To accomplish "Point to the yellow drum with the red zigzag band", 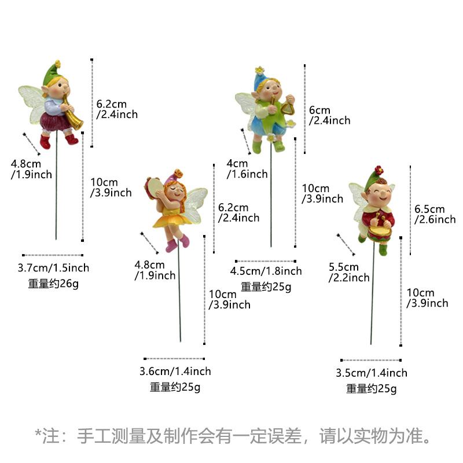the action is pyautogui.click(x=380, y=233).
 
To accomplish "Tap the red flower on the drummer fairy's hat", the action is pyautogui.click(x=379, y=170).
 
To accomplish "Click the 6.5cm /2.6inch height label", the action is pyautogui.click(x=435, y=214).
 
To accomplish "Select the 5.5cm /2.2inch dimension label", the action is pyautogui.click(x=349, y=272).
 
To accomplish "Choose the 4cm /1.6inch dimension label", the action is pyautogui.click(x=247, y=168).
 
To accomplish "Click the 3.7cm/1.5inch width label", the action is pyautogui.click(x=53, y=268).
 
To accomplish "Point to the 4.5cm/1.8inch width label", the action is pyautogui.click(x=266, y=271).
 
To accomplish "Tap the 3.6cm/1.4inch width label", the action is pyautogui.click(x=175, y=371).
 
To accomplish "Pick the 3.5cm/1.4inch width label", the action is pyautogui.click(x=372, y=373).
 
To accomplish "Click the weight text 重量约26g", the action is pyautogui.click(x=53, y=284).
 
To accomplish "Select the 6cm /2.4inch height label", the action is pyautogui.click(x=329, y=115).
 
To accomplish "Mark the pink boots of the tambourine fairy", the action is pyautogui.click(x=178, y=243).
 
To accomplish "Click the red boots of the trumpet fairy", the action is pyautogui.click(x=58, y=141).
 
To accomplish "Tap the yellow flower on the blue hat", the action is pyautogui.click(x=259, y=70).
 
